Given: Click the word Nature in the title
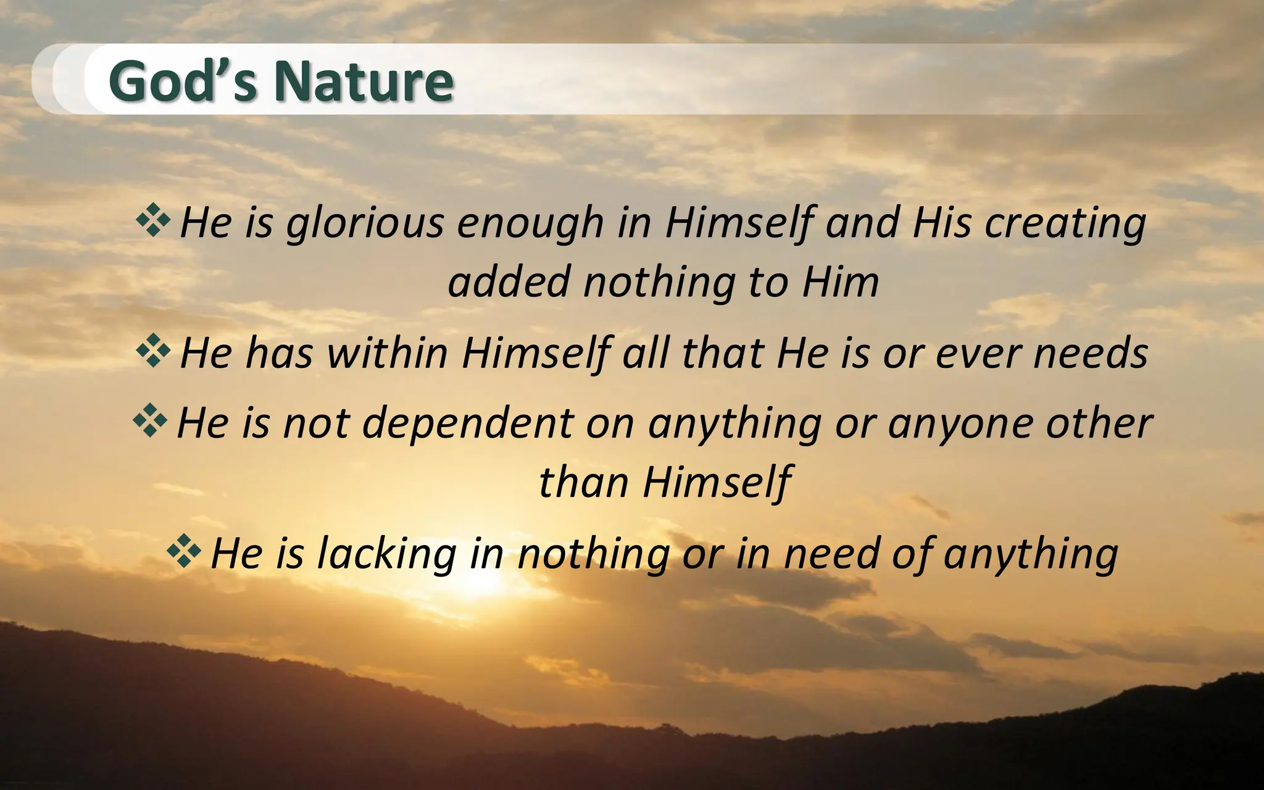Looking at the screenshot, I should [364, 81].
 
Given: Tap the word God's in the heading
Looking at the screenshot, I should [183, 81].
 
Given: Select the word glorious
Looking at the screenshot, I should [365, 223].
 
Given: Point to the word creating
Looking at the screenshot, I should [1065, 223].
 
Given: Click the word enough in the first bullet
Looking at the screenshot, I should [530, 223].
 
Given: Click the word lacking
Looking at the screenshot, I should [387, 554].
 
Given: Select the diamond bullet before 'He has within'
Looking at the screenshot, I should [153, 351].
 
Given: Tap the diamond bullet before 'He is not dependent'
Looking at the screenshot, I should [150, 421].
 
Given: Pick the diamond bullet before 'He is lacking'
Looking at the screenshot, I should [184, 551].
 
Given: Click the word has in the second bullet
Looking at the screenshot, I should [279, 354].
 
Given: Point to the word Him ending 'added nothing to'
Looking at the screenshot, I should [841, 283].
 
